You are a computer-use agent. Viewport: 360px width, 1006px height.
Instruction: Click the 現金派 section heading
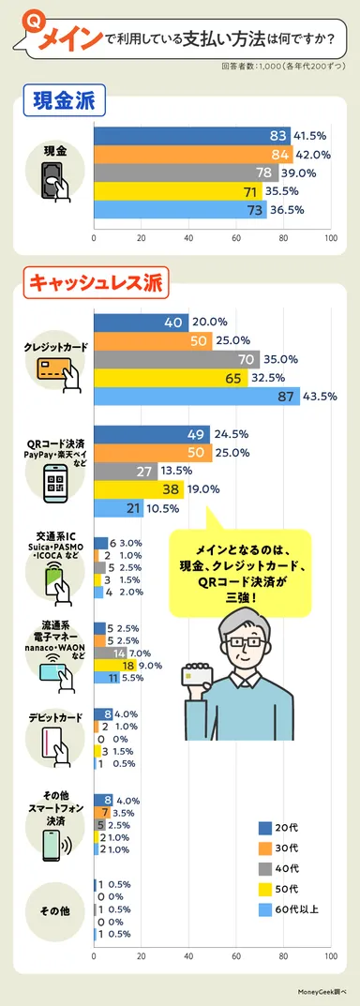(65, 98)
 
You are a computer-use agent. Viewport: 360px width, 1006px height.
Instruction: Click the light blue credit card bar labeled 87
(197, 397)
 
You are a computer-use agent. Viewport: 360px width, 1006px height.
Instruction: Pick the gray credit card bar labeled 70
(177, 359)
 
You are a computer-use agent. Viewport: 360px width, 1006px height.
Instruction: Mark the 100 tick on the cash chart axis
(330, 238)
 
